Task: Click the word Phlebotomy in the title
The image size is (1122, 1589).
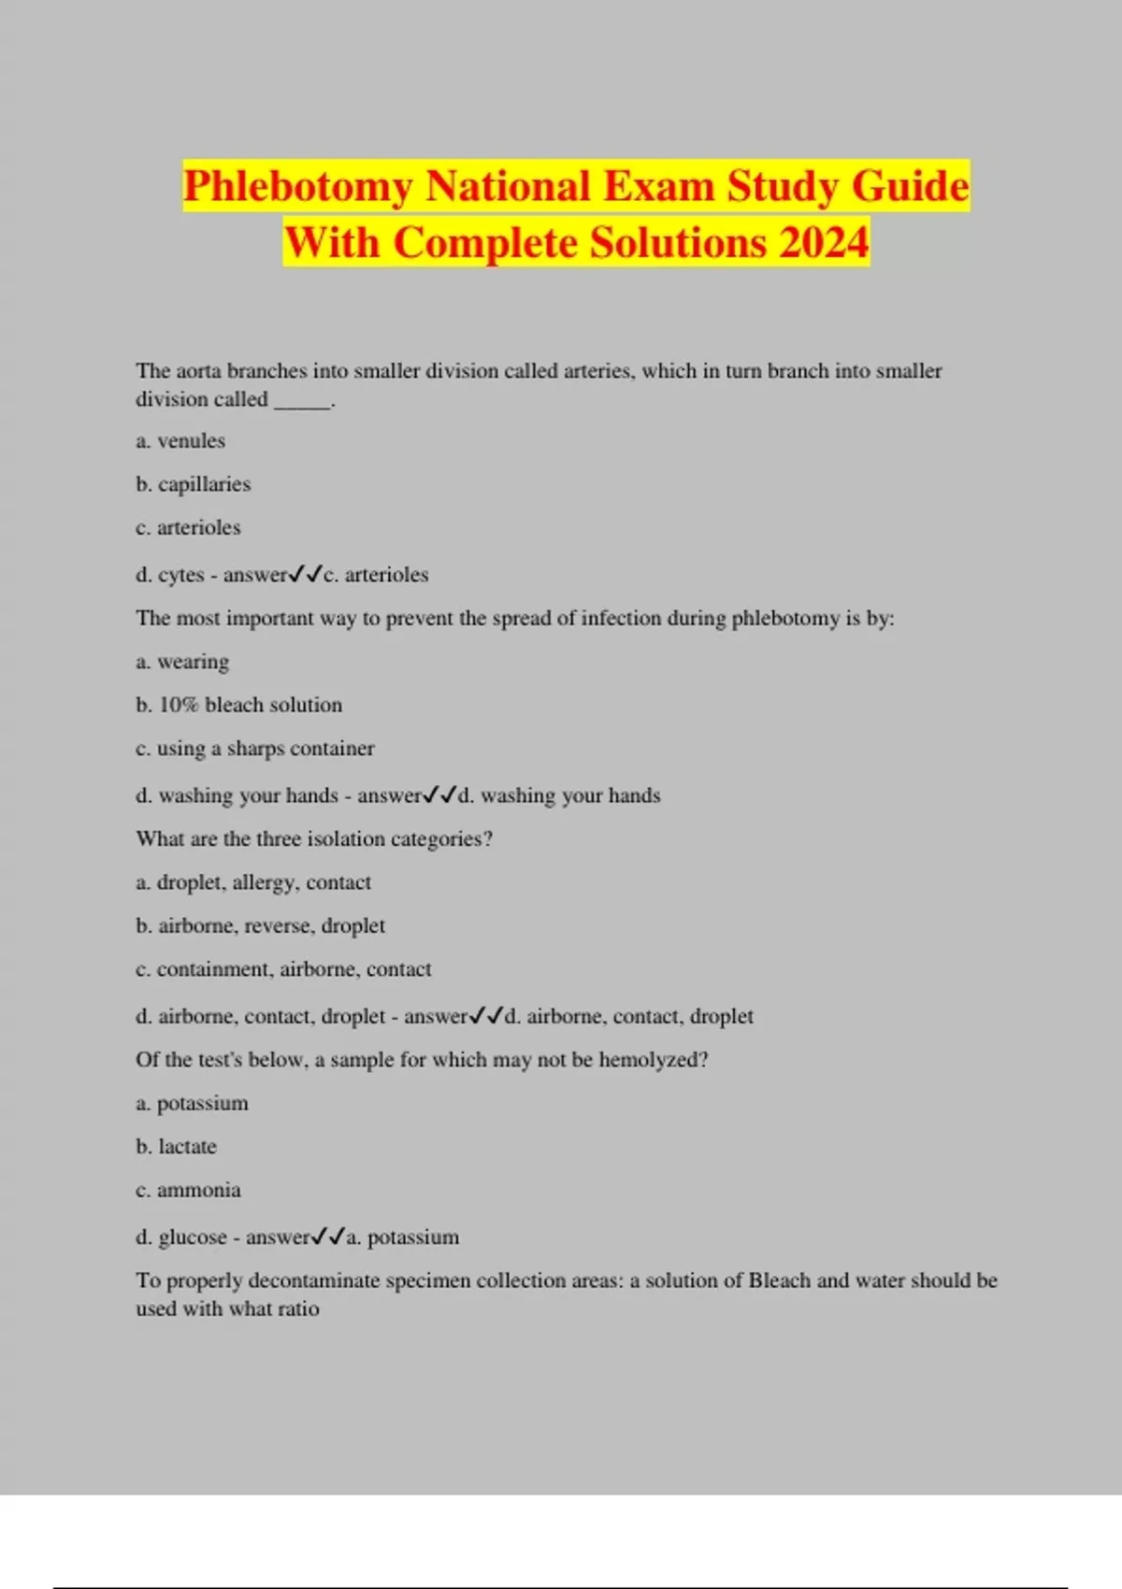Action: pyautogui.click(x=297, y=186)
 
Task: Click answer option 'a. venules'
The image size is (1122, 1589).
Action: pyautogui.click(x=180, y=440)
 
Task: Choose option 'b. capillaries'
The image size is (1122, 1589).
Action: pyautogui.click(x=194, y=484)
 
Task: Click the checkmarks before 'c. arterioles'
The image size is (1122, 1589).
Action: pyautogui.click(x=306, y=574)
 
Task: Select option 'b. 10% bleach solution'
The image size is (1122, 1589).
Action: pyautogui.click(x=238, y=705)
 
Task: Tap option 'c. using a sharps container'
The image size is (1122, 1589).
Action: pyautogui.click(x=254, y=748)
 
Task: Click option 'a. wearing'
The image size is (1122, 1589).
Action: pyautogui.click(x=182, y=662)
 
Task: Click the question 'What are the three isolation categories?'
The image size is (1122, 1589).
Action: pyautogui.click(x=314, y=838)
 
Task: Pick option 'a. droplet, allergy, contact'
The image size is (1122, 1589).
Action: pyautogui.click(x=253, y=882)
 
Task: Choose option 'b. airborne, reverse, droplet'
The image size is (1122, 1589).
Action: pyautogui.click(x=260, y=925)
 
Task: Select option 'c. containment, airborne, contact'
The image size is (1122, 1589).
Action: pyautogui.click(x=283, y=969)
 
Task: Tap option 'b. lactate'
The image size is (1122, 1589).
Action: pyautogui.click(x=176, y=1147)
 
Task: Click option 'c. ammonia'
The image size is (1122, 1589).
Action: pyautogui.click(x=188, y=1190)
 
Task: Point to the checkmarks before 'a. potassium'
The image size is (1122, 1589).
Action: pyautogui.click(x=328, y=1237)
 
